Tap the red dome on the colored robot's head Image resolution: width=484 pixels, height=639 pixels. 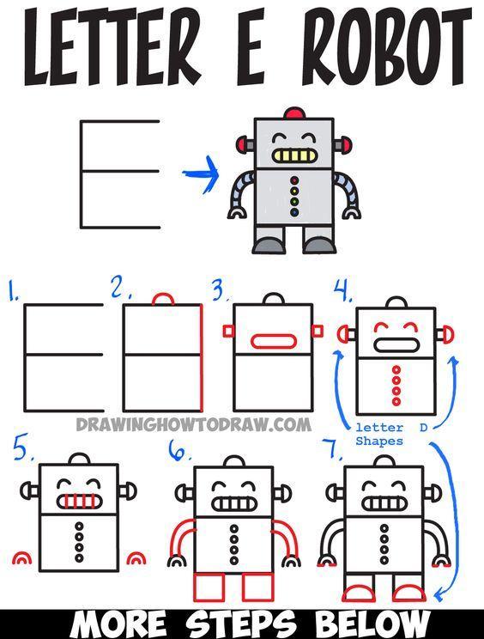click(x=294, y=113)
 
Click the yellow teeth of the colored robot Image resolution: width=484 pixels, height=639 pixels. click(x=293, y=155)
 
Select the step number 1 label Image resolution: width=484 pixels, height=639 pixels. click(x=14, y=290)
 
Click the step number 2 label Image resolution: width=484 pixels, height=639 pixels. click(x=120, y=287)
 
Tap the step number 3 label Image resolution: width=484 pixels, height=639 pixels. click(x=221, y=289)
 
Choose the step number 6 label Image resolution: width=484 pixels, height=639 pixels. click(x=179, y=450)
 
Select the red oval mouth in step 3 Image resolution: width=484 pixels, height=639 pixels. click(x=274, y=342)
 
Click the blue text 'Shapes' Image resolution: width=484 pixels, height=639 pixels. click(x=379, y=441)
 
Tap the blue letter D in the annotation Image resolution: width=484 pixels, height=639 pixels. click(x=423, y=428)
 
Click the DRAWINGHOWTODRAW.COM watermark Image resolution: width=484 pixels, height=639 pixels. click(x=194, y=424)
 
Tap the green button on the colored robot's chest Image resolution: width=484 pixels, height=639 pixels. click(x=294, y=201)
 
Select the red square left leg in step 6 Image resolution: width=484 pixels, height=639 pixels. click(x=209, y=587)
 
